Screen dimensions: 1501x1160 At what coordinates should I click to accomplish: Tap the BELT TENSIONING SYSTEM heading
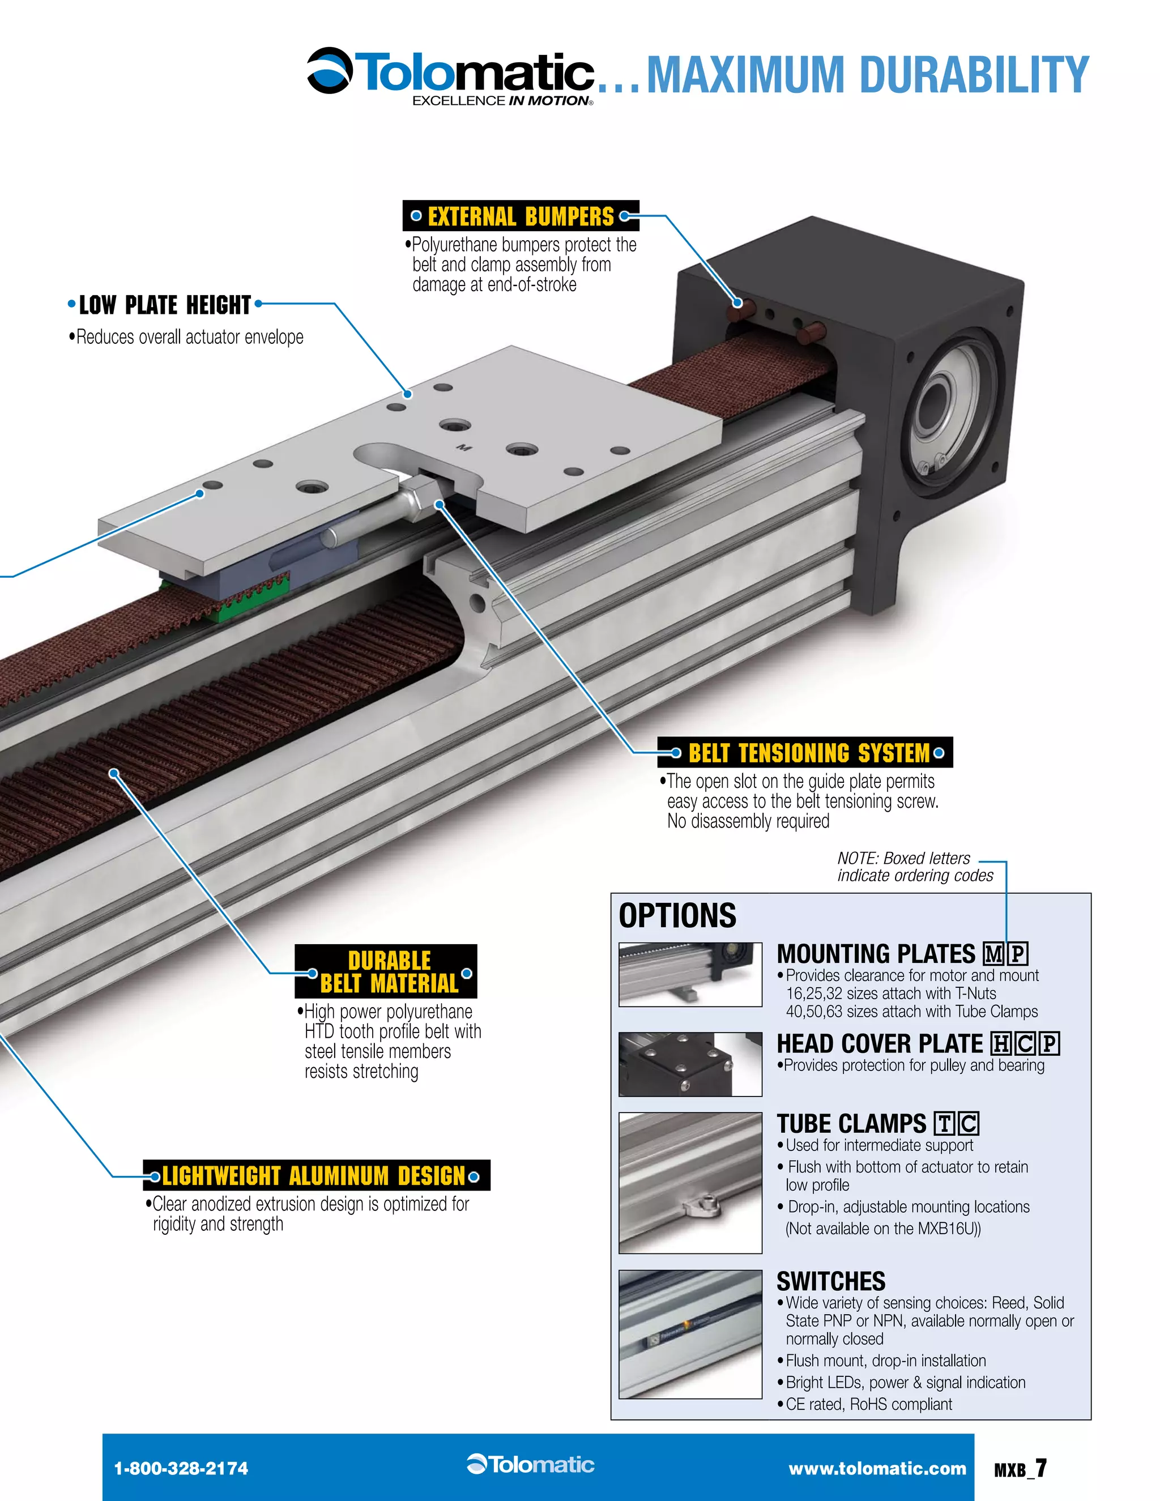(x=808, y=753)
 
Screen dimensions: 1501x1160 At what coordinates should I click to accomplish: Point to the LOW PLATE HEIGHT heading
(x=165, y=305)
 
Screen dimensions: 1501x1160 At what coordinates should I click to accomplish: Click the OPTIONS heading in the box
(x=677, y=915)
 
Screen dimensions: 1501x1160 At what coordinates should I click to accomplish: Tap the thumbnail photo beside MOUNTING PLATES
(x=690, y=975)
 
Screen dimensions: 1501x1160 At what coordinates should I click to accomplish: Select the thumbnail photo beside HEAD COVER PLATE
(x=690, y=1064)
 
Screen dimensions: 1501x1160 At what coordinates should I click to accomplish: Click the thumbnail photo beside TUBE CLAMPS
(x=690, y=1183)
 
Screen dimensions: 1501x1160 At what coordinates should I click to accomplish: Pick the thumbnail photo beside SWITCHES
(x=690, y=1334)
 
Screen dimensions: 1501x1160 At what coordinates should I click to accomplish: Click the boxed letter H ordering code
(x=1001, y=1044)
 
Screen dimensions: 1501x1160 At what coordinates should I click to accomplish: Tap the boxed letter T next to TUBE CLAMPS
(x=945, y=1124)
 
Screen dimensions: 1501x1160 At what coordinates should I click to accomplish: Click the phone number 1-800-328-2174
(x=181, y=1469)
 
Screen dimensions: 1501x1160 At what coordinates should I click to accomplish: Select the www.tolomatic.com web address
(x=877, y=1469)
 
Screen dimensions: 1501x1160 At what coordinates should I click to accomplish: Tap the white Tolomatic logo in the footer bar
(x=531, y=1465)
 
